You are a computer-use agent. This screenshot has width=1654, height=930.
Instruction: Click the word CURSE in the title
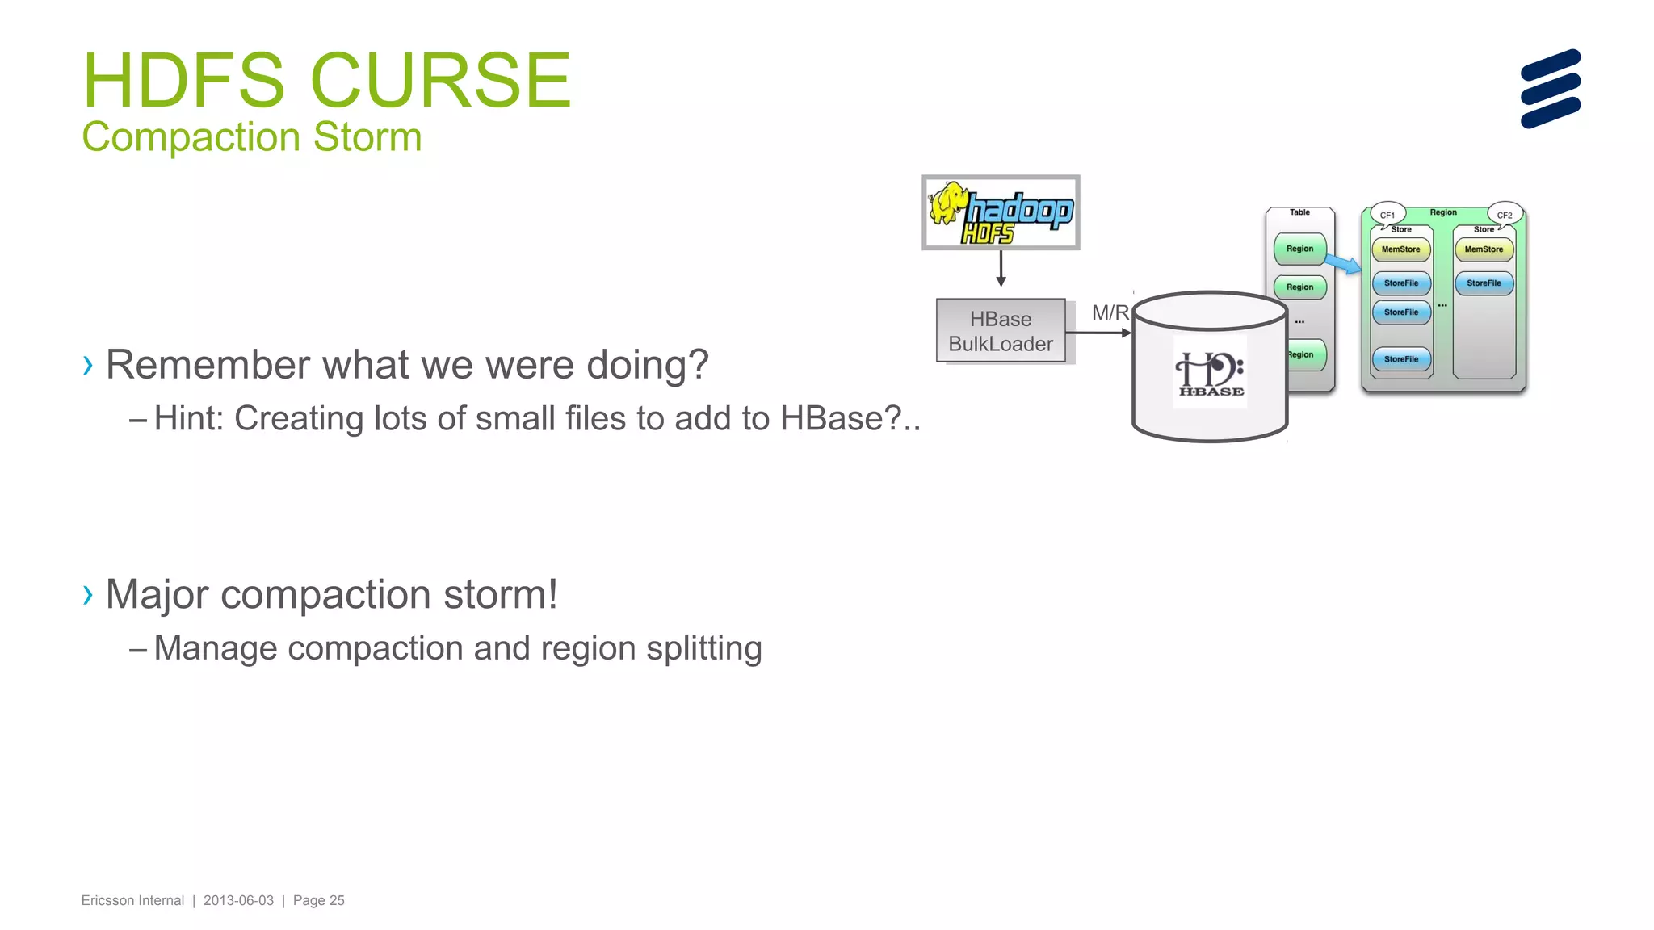(440, 81)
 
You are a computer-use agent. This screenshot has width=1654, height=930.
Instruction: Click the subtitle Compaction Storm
(251, 136)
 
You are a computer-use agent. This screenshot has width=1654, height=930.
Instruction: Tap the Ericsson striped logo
(1550, 89)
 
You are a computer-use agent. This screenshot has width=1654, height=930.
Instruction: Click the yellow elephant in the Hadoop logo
(948, 203)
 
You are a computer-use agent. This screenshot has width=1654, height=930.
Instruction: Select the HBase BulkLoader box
(1001, 331)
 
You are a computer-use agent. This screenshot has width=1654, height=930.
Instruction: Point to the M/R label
(1110, 312)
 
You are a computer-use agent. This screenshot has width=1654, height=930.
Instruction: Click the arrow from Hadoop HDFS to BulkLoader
(1001, 268)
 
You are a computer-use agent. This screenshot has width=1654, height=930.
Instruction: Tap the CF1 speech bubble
(1387, 215)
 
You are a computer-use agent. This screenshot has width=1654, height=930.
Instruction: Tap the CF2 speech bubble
(1505, 215)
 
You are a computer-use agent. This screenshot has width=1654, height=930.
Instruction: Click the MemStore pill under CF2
(1484, 249)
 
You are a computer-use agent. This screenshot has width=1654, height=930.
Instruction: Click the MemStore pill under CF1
(1400, 249)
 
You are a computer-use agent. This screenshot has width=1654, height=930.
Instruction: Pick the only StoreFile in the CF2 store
(1484, 283)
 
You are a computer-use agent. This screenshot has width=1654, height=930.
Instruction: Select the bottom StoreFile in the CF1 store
(1400, 359)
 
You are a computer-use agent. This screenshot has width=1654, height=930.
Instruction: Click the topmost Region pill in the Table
(1299, 249)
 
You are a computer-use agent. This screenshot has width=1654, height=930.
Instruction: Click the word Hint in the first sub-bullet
(185, 419)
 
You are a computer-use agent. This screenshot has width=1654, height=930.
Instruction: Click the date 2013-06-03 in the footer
(238, 900)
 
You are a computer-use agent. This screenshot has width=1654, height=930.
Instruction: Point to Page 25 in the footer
(318, 900)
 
